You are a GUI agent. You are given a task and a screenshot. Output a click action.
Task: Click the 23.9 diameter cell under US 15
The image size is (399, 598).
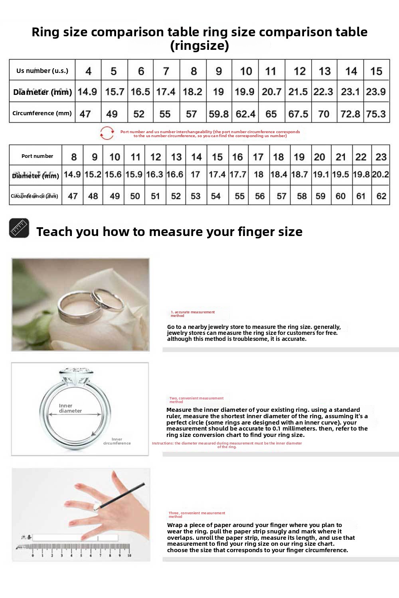click(376, 92)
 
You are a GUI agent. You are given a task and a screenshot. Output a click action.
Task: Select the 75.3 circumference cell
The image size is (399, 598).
click(376, 114)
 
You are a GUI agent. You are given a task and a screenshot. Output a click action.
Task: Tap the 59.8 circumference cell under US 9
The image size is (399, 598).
click(219, 114)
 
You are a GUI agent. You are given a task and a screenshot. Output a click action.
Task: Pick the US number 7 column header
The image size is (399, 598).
click(166, 71)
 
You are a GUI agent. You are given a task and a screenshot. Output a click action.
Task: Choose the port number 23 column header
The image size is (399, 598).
click(381, 157)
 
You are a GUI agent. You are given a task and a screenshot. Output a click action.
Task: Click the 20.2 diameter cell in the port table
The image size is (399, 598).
click(381, 175)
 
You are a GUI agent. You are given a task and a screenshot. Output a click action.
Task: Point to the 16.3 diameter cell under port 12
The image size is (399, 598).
click(154, 175)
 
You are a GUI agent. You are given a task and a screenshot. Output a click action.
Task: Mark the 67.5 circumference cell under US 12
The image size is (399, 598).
click(298, 114)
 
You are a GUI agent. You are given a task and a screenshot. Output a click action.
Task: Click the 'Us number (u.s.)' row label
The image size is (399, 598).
click(42, 71)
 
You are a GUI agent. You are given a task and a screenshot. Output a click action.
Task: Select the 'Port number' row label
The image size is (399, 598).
click(37, 156)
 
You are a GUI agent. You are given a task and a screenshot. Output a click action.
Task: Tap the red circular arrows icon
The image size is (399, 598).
click(107, 133)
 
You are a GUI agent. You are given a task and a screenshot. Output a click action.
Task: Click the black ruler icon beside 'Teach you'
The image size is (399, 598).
click(19, 228)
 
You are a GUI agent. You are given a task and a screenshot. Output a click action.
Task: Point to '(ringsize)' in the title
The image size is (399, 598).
click(199, 45)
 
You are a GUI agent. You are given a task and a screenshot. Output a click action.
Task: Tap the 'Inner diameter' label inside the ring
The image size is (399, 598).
click(70, 408)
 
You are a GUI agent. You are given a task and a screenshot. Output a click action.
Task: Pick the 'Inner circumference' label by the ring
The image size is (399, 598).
click(117, 441)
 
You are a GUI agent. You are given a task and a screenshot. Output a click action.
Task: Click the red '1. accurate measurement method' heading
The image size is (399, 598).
click(193, 314)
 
